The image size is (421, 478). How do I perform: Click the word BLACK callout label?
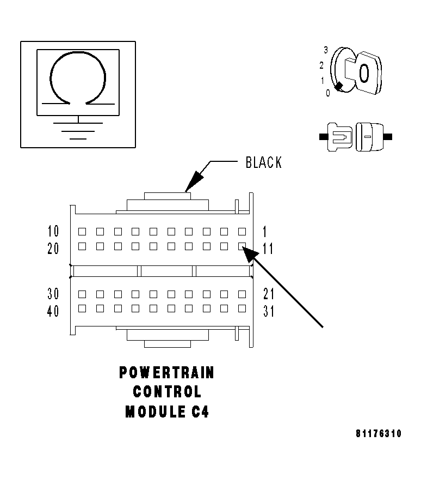click(x=264, y=162)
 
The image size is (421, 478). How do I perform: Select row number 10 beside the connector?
click(x=54, y=231)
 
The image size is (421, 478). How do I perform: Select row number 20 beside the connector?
click(x=54, y=249)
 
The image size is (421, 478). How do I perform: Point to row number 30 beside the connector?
click(x=54, y=294)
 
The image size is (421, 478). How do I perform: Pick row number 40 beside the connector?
click(x=54, y=311)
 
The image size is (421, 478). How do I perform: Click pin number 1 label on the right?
click(x=265, y=231)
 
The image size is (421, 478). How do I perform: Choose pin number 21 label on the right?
click(x=268, y=294)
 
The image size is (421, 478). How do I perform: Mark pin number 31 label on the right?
click(x=268, y=311)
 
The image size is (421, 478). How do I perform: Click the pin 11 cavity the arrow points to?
click(x=242, y=246)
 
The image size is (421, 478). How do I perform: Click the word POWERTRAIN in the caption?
click(x=166, y=373)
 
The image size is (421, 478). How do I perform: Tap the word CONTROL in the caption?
click(x=166, y=392)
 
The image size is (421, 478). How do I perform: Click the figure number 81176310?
click(x=379, y=434)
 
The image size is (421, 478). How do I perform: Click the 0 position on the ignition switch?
click(x=327, y=93)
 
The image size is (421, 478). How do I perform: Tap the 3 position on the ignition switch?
click(x=325, y=50)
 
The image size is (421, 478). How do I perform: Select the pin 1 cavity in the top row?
click(x=242, y=231)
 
